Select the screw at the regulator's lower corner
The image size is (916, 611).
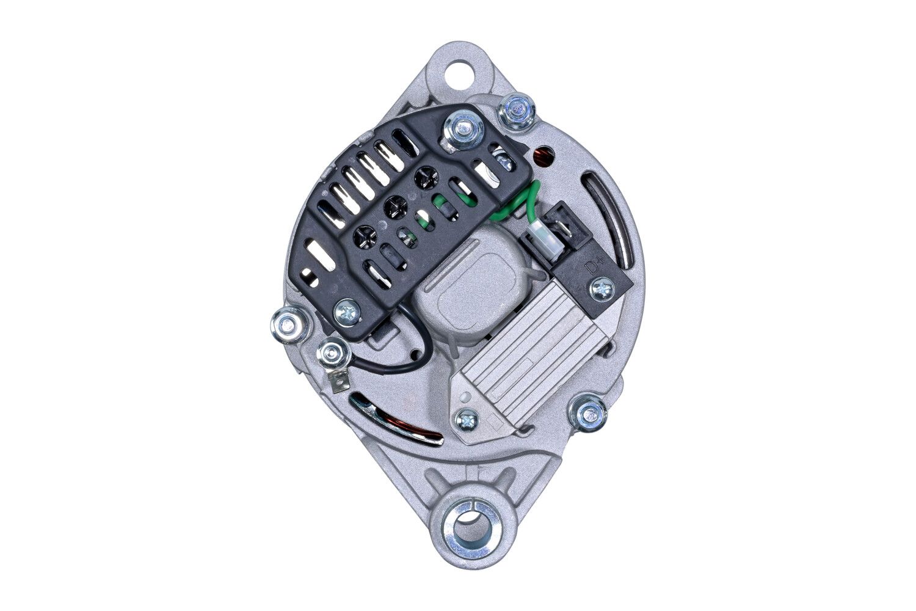467,420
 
